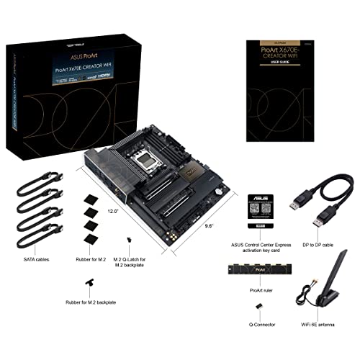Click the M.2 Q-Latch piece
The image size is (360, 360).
click(x=127, y=240)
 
